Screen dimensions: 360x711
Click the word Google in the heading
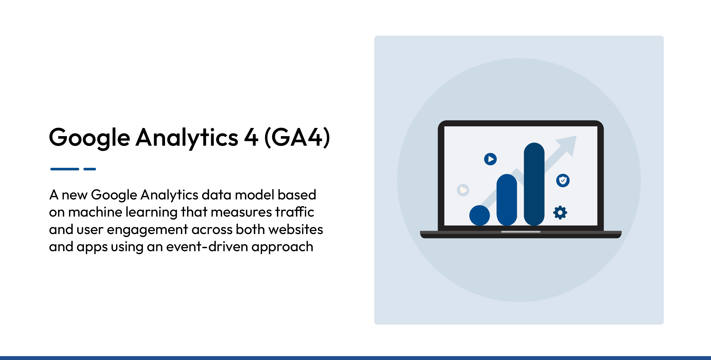(x=89, y=138)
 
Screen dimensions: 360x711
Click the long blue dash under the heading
(x=65, y=169)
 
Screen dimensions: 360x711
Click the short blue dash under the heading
(x=90, y=169)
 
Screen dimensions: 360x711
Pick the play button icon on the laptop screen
(x=490, y=159)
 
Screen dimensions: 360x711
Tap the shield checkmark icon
(x=563, y=180)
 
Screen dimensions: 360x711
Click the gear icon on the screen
(x=560, y=213)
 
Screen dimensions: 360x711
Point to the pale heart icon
(x=463, y=190)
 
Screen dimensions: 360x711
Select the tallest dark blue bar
(x=534, y=184)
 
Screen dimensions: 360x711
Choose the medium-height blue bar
(x=507, y=200)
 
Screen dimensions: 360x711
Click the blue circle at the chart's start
(x=479, y=215)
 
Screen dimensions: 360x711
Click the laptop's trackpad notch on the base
(x=521, y=232)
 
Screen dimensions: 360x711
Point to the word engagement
(x=147, y=230)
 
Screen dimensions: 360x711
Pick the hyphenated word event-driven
(x=207, y=247)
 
